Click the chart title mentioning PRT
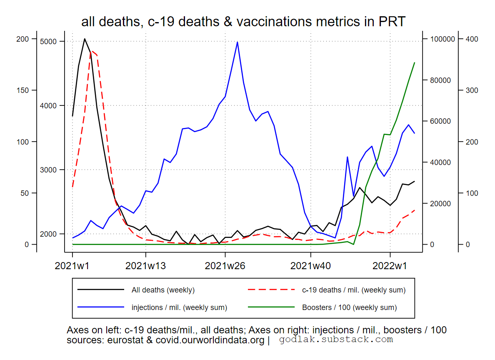coord(243,22)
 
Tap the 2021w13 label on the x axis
coord(145,265)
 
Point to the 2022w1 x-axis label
coord(390,265)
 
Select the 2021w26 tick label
coord(225,265)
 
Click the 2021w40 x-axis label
coord(310,265)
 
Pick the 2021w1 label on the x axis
coord(72,265)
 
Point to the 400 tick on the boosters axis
coord(472,39)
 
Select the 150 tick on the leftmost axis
coord(22,90)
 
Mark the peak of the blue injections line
coord(237,42)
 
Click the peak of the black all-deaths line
coord(85,39)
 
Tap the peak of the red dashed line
coord(91,51)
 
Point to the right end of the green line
coord(414,62)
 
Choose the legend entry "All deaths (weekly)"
coord(163,290)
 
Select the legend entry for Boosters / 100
coord(349,308)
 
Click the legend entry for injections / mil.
coord(179,308)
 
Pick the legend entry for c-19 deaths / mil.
coord(354,290)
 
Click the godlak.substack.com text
coord(336,340)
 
